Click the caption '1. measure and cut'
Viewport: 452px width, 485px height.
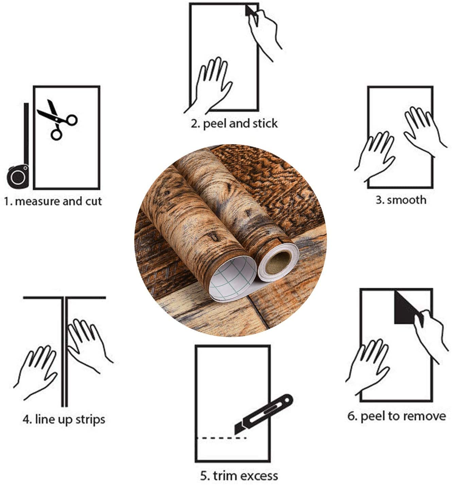[53, 201]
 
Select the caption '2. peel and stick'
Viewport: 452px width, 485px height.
[234, 123]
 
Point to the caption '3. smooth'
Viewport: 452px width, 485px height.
[401, 200]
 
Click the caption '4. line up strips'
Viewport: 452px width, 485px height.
[64, 419]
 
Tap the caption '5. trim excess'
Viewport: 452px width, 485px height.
[239, 475]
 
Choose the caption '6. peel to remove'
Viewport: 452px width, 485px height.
[397, 416]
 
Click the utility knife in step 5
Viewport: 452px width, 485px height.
[263, 414]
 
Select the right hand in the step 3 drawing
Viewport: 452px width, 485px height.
[423, 129]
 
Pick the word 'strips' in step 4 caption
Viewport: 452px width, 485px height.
[90, 419]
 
